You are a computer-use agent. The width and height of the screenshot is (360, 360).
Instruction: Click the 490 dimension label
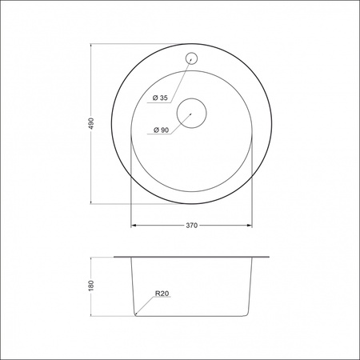click(x=91, y=123)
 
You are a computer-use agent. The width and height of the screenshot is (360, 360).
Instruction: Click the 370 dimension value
click(x=192, y=226)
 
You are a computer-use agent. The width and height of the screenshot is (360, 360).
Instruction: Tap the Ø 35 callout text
click(x=160, y=98)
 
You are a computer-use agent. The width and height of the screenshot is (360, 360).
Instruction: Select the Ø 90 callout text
click(x=161, y=130)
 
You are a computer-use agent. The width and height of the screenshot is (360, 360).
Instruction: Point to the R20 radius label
click(x=162, y=294)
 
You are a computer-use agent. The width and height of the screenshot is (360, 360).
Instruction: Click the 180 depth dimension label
click(x=91, y=286)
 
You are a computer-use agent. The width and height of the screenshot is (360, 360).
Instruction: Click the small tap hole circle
click(x=191, y=58)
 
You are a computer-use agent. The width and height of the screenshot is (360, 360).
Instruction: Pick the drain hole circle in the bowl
click(x=192, y=113)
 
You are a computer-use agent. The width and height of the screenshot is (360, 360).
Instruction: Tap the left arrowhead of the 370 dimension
click(x=134, y=226)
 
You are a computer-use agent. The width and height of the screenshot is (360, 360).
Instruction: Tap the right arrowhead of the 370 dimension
click(x=249, y=226)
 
